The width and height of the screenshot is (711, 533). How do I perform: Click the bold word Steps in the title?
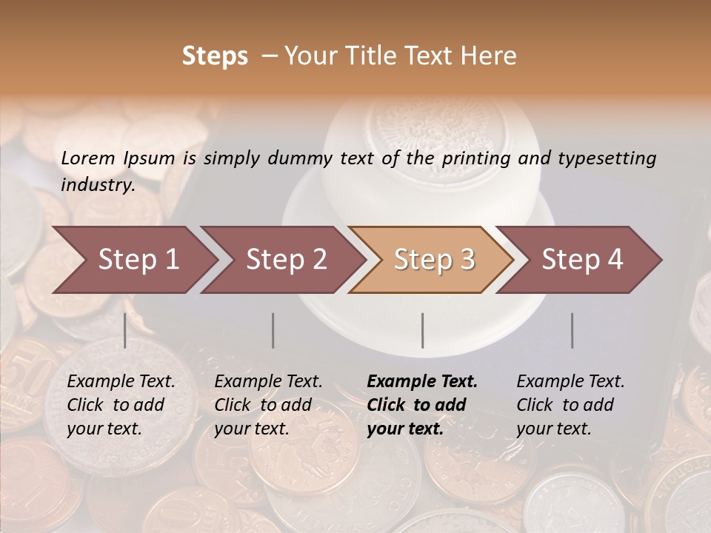pyautogui.click(x=215, y=56)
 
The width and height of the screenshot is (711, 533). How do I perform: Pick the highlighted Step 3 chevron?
pyautogui.click(x=434, y=260)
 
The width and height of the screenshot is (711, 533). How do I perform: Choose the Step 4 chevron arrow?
pyautogui.click(x=582, y=260)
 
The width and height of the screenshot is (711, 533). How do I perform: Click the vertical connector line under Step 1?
pyautogui.click(x=125, y=330)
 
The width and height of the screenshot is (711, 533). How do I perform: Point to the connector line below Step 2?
pyautogui.click(x=273, y=330)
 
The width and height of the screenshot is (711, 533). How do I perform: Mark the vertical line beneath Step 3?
pyautogui.click(x=423, y=330)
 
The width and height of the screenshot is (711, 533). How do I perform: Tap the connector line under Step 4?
pyautogui.click(x=572, y=330)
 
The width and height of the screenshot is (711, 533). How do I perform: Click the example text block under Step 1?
pyautogui.click(x=121, y=405)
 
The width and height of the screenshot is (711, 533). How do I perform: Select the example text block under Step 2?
pyautogui.click(x=268, y=405)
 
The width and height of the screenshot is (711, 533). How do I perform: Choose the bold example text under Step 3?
pyautogui.click(x=422, y=405)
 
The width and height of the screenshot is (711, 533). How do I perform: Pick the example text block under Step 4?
pyautogui.click(x=570, y=405)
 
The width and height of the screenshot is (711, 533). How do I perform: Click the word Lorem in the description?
pyautogui.click(x=88, y=158)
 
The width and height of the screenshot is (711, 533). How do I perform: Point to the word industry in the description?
pyautogui.click(x=97, y=184)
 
